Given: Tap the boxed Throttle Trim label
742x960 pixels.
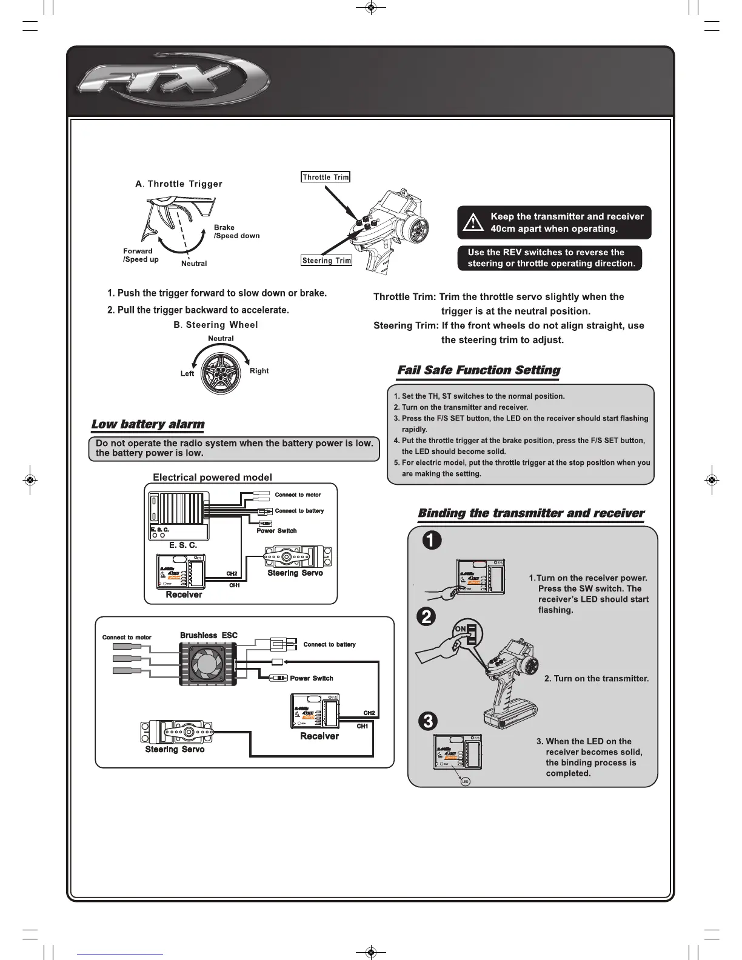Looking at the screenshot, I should point(326,177).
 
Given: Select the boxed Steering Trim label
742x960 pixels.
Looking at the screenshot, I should point(327,261).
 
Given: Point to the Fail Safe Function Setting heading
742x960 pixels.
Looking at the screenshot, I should point(478,370).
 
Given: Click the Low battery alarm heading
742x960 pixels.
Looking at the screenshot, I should point(147,424).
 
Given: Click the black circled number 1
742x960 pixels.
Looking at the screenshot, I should point(432,540).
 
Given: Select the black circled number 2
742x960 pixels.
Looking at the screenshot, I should point(427,616).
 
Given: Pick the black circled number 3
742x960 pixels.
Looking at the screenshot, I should point(428,721).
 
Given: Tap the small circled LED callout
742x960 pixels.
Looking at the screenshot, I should point(465,782).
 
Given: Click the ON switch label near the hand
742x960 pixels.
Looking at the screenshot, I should point(461,629).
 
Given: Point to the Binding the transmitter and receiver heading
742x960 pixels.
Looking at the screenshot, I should point(531,513).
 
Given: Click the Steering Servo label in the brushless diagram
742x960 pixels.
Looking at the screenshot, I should point(175,750).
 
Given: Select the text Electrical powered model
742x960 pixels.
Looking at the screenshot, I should point(212,477).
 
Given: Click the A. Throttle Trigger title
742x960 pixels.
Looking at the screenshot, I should point(179,184).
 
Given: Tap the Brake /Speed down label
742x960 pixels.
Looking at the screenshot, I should point(236,232).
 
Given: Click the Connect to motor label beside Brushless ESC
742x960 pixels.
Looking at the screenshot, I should point(127,637).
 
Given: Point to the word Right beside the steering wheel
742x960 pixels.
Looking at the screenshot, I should point(259,370).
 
